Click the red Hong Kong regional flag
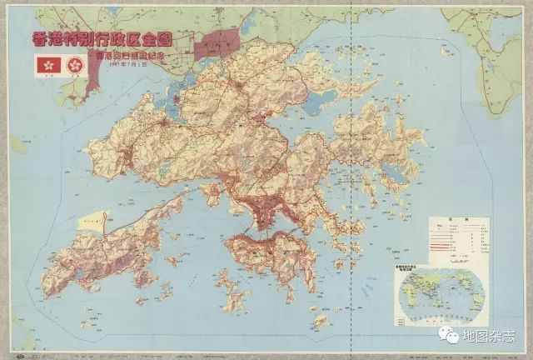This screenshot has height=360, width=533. coord(45,64)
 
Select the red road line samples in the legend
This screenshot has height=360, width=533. coord(443,237)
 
